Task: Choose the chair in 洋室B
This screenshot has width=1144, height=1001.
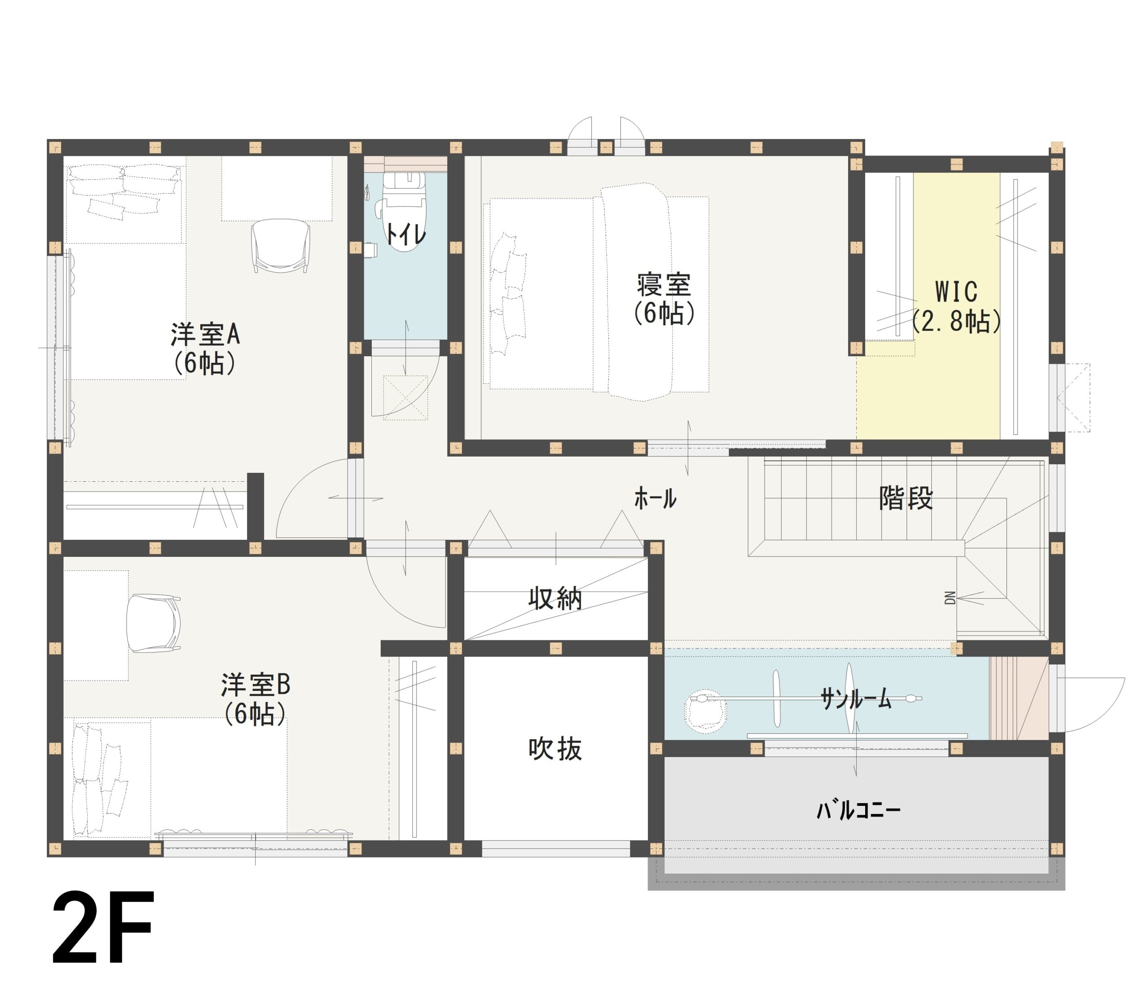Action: pyautogui.click(x=152, y=623)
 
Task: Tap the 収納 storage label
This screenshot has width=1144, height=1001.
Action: pyautogui.click(x=555, y=599)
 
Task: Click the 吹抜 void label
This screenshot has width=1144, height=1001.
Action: pyautogui.click(x=555, y=749)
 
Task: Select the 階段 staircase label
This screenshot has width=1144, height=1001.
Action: pyautogui.click(x=905, y=498)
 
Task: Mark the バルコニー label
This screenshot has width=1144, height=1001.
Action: pyautogui.click(x=858, y=810)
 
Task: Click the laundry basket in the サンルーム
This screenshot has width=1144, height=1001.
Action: pyautogui.click(x=705, y=711)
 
